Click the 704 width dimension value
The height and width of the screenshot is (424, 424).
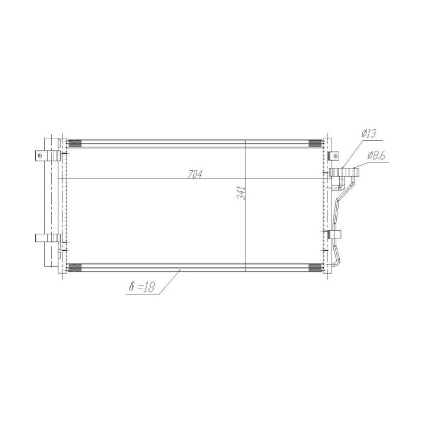(195, 175)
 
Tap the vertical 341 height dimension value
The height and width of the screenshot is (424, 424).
(241, 193)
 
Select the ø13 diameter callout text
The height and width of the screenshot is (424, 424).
(369, 134)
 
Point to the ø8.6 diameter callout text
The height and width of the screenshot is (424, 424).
(376, 155)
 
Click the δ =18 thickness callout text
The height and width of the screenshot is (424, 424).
(141, 287)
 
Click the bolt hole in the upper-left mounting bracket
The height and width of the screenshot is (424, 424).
(40, 155)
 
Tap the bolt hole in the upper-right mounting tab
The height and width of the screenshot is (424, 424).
(336, 156)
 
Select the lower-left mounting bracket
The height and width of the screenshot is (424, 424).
(48, 238)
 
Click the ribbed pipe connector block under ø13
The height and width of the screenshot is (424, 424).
(344, 173)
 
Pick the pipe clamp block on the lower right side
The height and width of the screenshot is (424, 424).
(335, 234)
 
